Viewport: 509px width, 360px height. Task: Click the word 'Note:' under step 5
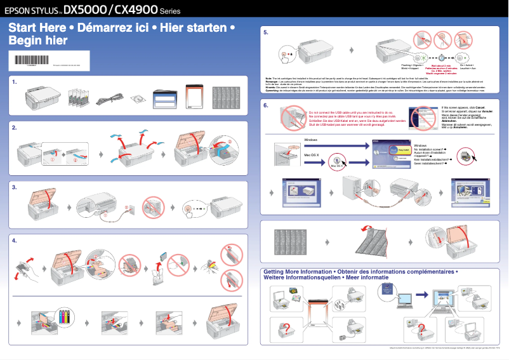tap(268, 78)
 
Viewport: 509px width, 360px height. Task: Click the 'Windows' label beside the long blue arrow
tap(311, 139)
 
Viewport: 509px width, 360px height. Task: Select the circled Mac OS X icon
tap(338, 161)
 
